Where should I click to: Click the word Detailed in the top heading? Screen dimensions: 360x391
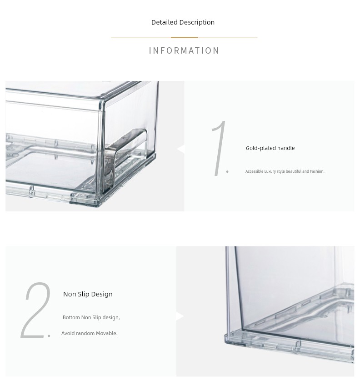(x=164, y=22)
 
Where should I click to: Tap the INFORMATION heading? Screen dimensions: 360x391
(x=184, y=50)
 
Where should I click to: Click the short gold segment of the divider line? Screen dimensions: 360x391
(x=184, y=38)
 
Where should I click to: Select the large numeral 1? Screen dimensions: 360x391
(x=219, y=148)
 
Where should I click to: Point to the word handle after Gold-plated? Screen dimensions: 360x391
(x=286, y=148)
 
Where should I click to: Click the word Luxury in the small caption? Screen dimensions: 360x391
(x=270, y=171)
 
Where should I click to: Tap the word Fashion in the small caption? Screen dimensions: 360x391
(x=317, y=171)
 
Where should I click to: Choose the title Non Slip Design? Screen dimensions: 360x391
(x=88, y=294)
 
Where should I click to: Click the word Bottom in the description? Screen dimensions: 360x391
(x=71, y=317)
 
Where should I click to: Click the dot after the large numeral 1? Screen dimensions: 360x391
(x=227, y=171)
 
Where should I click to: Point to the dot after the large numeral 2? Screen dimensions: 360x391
(x=49, y=336)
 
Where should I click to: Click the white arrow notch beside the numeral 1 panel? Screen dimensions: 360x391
(x=181, y=149)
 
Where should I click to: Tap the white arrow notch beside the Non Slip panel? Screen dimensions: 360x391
(x=180, y=316)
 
